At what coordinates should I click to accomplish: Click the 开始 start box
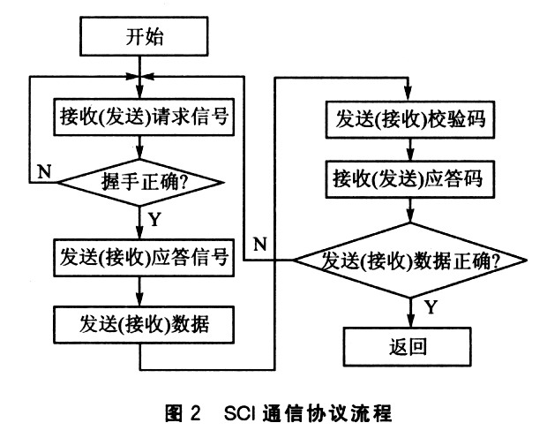pyautogui.click(x=144, y=36)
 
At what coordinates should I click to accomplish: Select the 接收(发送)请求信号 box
pyautogui.click(x=144, y=117)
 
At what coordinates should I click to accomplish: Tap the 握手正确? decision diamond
pyautogui.click(x=140, y=182)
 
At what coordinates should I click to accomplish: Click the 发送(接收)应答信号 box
pyautogui.click(x=144, y=258)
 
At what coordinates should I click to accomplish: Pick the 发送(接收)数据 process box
pyautogui.click(x=144, y=324)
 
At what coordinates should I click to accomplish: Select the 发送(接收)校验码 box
pyautogui.click(x=410, y=119)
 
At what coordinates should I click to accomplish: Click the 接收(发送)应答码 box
pyautogui.click(x=410, y=179)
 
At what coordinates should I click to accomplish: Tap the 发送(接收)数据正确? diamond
pyautogui.click(x=410, y=261)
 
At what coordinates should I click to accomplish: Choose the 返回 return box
pyautogui.click(x=408, y=346)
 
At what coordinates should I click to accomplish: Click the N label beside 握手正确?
pyautogui.click(x=44, y=171)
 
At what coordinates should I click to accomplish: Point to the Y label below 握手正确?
pyautogui.click(x=154, y=219)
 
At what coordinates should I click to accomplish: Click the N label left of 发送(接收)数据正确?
pyautogui.click(x=260, y=244)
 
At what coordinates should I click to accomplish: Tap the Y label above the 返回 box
pyautogui.click(x=431, y=307)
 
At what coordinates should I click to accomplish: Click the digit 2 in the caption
pyautogui.click(x=196, y=413)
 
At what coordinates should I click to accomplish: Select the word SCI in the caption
pyautogui.click(x=240, y=413)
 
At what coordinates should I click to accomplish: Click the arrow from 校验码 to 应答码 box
pyautogui.click(x=410, y=149)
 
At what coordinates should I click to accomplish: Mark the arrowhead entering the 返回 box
pyautogui.click(x=410, y=320)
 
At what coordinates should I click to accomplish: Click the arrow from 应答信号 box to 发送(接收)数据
pyautogui.click(x=139, y=291)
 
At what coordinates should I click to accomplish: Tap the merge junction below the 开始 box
pyautogui.click(x=139, y=77)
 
